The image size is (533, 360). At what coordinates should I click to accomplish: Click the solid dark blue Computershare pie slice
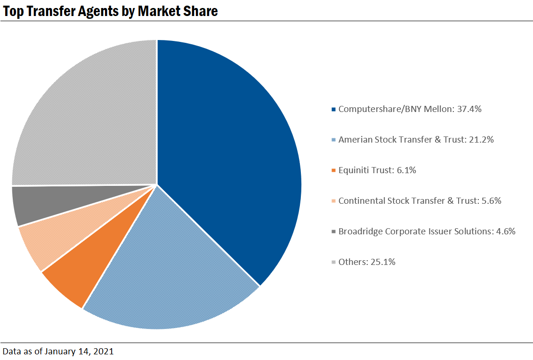click(231, 155)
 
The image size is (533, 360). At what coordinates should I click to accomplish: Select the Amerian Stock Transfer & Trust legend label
click(416, 140)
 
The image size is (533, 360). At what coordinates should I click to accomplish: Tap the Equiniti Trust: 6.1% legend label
click(377, 170)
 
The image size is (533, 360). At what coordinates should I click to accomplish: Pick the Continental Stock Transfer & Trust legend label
click(420, 201)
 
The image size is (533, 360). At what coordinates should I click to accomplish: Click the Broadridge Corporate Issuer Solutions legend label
click(427, 232)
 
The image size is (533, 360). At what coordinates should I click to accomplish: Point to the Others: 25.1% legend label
click(367, 262)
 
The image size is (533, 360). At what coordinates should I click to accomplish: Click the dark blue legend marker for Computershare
click(334, 110)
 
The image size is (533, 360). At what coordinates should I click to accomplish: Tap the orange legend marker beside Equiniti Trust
click(334, 171)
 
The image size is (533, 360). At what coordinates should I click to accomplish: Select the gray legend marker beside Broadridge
click(334, 232)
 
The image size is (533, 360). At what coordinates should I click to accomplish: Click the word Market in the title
click(159, 11)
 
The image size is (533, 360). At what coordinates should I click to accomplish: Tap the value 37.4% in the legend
click(469, 109)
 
